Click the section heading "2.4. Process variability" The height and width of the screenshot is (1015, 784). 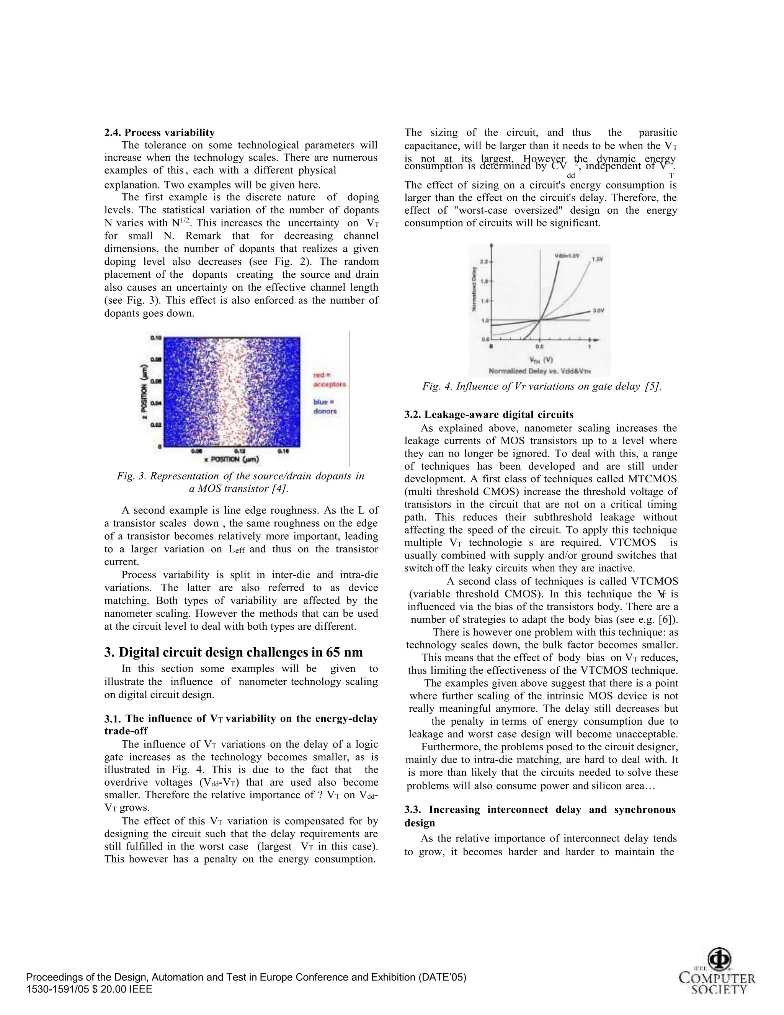coord(159,133)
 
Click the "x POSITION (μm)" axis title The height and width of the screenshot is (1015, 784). coord(231,460)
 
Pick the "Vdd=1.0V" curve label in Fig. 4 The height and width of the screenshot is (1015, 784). coord(567,255)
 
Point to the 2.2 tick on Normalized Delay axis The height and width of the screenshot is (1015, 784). coord(483,262)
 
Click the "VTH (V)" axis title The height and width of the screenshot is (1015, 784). coord(540,360)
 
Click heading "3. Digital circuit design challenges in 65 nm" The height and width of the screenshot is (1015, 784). coord(233,653)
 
